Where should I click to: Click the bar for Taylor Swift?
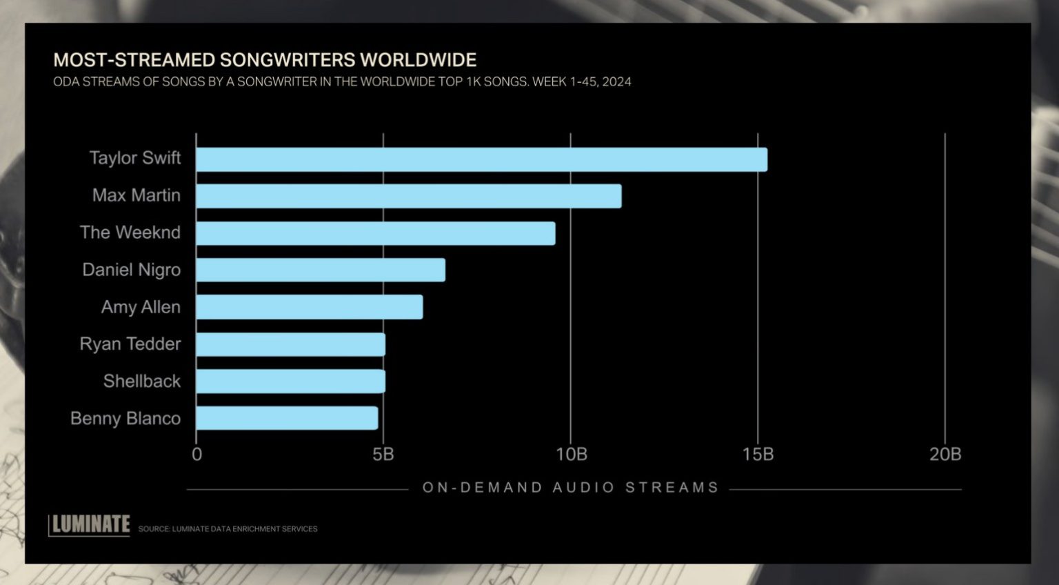pos(481,159)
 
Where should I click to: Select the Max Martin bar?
pos(408,196)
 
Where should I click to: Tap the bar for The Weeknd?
pos(375,233)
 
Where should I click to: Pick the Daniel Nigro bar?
pos(320,270)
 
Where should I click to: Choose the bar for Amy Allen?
pos(309,307)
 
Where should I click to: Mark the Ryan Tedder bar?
pos(290,344)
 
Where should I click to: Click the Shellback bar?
pos(290,381)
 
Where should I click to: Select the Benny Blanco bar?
pos(287,418)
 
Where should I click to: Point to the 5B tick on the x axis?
pos(383,454)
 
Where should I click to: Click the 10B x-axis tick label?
pos(571,454)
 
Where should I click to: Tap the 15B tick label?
pos(758,454)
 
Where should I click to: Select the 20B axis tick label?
pos(945,454)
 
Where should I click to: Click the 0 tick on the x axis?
pos(197,454)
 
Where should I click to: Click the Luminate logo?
pos(90,525)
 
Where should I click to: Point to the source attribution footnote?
pos(228,529)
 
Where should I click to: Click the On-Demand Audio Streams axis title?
pos(570,488)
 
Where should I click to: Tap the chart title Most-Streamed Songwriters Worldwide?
pos(265,60)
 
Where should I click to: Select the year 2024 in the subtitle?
pos(615,82)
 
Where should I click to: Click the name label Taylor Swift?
pos(135,158)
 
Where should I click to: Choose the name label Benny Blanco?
pos(125,419)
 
